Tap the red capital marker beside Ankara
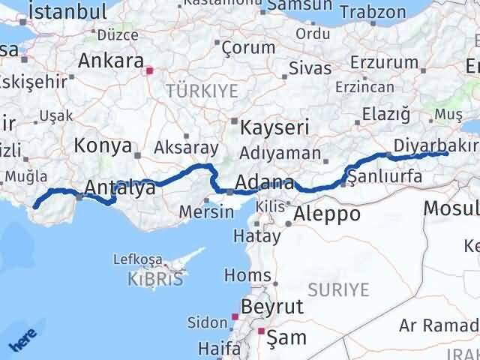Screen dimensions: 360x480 [149, 71]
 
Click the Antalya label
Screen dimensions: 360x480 [120, 187]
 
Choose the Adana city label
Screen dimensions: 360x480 [264, 182]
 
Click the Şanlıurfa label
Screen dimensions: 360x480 [385, 177]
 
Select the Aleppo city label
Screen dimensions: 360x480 [328, 214]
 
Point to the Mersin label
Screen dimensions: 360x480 [206, 211]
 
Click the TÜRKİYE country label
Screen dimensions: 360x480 [202, 91]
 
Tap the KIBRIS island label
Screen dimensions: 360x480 [156, 279]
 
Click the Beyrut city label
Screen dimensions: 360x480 [271, 306]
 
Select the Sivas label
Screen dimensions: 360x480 [309, 68]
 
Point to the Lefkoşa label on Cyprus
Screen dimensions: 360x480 [136, 259]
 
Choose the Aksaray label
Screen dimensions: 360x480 [186, 148]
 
